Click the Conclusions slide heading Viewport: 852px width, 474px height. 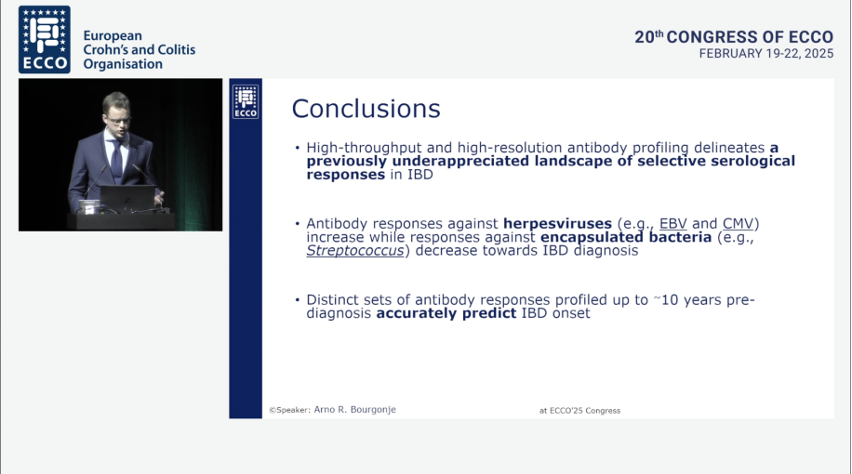pos(366,109)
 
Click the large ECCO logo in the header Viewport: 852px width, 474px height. pos(45,40)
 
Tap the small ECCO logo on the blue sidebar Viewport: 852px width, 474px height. pos(246,101)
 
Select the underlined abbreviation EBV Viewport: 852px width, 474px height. pos(672,224)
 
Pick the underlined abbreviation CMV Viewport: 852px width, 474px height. pos(738,224)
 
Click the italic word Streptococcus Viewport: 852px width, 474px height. pos(354,250)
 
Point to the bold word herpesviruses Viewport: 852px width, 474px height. pos(557,224)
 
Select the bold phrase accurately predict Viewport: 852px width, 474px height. pos(446,313)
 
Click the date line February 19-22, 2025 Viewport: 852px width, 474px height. pos(766,54)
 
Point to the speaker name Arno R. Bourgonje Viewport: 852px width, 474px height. pos(354,409)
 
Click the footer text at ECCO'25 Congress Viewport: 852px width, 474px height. pos(579,411)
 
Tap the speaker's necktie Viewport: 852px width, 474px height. pos(116,162)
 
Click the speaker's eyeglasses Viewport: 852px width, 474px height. pos(118,119)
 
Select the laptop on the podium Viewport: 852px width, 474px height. pos(127,199)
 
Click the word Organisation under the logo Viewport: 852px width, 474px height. pos(123,64)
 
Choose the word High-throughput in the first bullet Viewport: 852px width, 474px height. pos(364,148)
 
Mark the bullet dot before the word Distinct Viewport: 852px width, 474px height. pos(298,299)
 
